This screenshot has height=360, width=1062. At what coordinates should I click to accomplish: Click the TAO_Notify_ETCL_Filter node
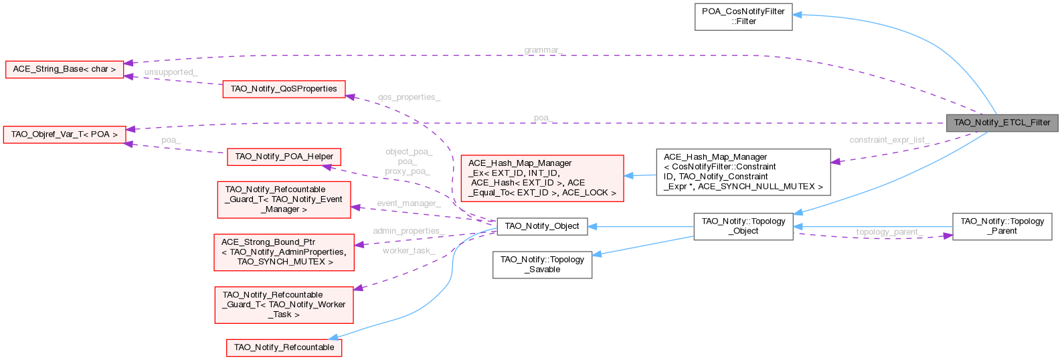1002,122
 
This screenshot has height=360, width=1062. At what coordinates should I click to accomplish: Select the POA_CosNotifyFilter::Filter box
743,16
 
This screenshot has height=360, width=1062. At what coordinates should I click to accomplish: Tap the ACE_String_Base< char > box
64,69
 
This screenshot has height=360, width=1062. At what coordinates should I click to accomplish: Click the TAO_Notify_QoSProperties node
284,89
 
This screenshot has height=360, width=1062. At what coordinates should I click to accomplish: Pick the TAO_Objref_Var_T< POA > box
64,134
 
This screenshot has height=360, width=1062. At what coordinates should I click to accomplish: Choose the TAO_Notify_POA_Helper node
284,157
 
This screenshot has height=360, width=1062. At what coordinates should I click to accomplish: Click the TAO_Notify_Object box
541,226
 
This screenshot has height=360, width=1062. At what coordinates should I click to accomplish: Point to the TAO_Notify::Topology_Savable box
542,264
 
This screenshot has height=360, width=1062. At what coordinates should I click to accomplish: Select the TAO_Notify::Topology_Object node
743,226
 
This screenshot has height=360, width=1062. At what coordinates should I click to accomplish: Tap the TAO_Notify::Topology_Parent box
1002,226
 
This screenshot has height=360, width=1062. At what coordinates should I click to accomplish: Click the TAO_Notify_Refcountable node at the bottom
284,347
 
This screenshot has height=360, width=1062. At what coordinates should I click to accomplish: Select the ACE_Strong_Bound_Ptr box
284,252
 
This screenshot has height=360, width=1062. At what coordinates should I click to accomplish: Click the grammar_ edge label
543,50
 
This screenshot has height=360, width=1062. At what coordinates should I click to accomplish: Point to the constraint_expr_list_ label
889,140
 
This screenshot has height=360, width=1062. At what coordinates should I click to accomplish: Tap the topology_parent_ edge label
889,232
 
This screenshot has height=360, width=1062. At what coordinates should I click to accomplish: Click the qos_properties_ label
409,97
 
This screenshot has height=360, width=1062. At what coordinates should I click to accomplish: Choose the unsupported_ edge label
171,72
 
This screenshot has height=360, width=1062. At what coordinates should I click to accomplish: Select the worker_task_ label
408,250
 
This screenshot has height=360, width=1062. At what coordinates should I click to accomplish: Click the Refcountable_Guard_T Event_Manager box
284,199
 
